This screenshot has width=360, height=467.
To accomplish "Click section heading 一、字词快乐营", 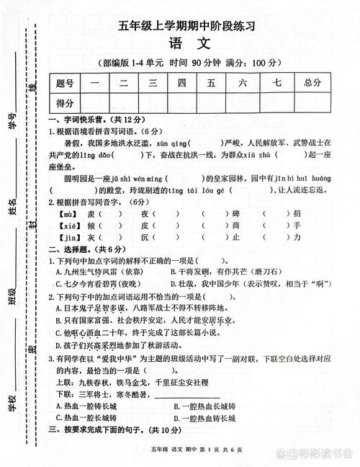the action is [x=78, y=120].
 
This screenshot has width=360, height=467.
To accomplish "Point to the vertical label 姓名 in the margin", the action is [x=12, y=208].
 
